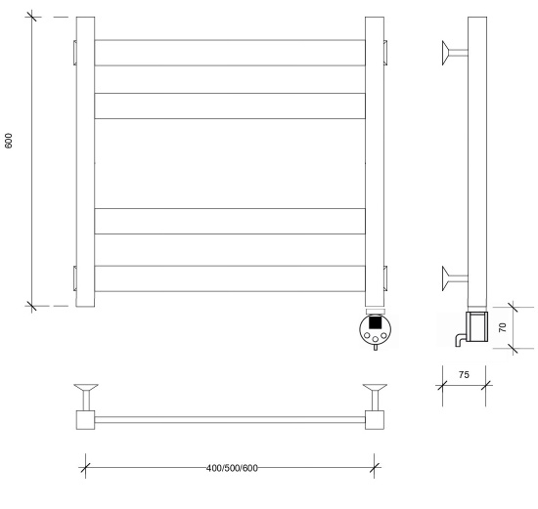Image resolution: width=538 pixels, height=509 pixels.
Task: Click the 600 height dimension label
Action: point(9,141)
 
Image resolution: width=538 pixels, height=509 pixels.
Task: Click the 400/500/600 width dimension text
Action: point(232,468)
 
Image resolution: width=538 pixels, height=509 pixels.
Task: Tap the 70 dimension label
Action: point(503,327)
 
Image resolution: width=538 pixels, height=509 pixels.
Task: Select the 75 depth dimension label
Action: point(464,374)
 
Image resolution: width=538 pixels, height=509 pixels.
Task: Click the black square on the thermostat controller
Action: point(375,322)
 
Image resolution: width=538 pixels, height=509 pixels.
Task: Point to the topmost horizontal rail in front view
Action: point(230,53)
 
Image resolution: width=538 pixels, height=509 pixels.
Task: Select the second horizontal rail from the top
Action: point(230,106)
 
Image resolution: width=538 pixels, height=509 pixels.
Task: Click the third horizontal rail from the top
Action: point(230,221)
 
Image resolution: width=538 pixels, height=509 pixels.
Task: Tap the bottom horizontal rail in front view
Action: point(230,278)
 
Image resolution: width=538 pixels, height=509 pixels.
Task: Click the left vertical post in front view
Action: point(85,161)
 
